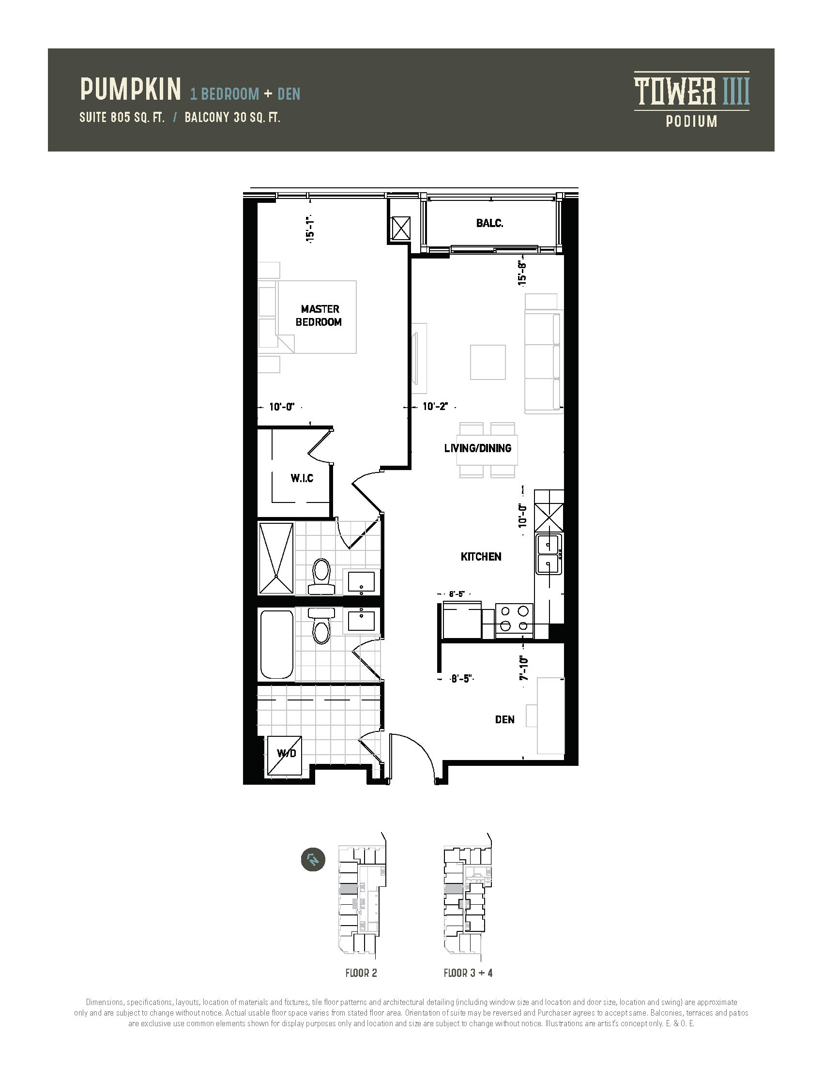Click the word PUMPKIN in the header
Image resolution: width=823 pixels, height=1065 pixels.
[x=131, y=89]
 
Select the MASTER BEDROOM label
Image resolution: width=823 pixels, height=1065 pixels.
[x=319, y=316]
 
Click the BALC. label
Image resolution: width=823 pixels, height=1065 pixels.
[x=489, y=223]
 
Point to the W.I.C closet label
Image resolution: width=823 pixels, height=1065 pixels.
[x=302, y=478]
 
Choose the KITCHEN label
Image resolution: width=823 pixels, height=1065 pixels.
[x=481, y=557]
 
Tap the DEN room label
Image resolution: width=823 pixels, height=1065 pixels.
[x=504, y=720]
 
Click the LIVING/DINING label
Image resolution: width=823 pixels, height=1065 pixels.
[x=478, y=448]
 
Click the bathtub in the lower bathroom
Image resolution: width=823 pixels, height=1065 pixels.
[x=277, y=644]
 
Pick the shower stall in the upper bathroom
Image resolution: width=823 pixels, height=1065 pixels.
[x=276, y=558]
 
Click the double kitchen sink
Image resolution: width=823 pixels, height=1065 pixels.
[x=549, y=554]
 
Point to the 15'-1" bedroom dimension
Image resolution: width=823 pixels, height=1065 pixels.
[x=310, y=228]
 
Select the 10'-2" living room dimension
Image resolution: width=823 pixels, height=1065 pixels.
[x=435, y=406]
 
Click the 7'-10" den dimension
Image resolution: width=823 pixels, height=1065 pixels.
[x=524, y=668]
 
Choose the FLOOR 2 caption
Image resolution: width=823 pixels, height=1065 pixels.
[x=361, y=973]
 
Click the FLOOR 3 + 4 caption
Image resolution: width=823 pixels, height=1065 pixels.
[x=468, y=973]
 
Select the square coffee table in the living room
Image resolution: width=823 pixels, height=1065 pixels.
[x=488, y=362]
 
